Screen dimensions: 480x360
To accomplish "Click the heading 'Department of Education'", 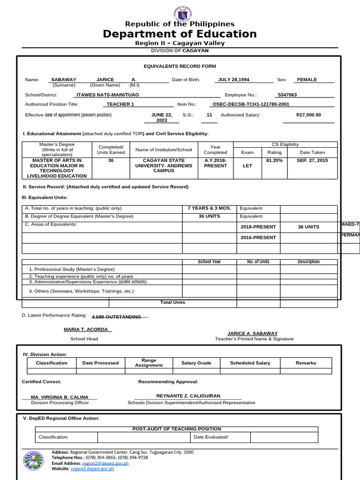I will pyautogui.click(x=180, y=34).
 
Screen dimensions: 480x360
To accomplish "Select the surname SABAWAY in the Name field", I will pyautogui.click(x=64, y=80).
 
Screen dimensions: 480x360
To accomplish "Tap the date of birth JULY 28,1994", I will pyautogui.click(x=233, y=80).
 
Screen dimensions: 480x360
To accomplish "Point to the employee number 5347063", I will pyautogui.click(x=287, y=95).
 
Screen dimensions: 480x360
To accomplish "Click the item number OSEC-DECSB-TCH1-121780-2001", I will pyautogui.click(x=251, y=105).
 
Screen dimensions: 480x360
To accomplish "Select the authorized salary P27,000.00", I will pyautogui.click(x=308, y=114).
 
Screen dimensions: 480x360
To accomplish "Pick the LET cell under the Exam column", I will pyautogui.click(x=247, y=165).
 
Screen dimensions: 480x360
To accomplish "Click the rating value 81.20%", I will pyautogui.click(x=274, y=160).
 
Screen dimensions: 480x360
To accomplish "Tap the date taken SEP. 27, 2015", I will pyautogui.click(x=312, y=160).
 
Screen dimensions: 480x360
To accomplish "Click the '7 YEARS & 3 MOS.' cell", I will pyautogui.click(x=209, y=208).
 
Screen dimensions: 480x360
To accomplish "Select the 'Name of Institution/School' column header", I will pyautogui.click(x=164, y=150).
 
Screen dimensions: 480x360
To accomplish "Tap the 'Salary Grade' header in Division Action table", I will pyautogui.click(x=196, y=363).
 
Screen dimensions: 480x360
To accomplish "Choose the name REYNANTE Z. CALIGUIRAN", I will pyautogui.click(x=188, y=396).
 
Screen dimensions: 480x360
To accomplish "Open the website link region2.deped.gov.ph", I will pyautogui.click(x=92, y=468).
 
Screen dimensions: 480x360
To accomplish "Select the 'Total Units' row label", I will pyautogui.click(x=172, y=302).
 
